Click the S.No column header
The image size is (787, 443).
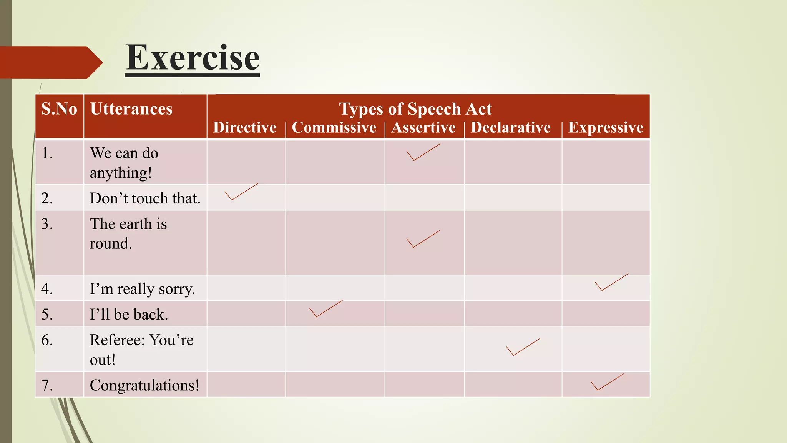[x=59, y=109]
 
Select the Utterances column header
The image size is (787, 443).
[x=131, y=109]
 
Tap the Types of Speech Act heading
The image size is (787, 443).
[x=415, y=109]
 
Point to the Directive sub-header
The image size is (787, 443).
[x=245, y=128]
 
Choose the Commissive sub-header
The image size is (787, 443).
[x=334, y=128]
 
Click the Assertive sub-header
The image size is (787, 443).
[x=423, y=128]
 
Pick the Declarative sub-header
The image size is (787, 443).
[x=511, y=128]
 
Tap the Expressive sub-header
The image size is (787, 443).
[x=606, y=128]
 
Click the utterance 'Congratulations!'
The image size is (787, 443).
[x=144, y=385]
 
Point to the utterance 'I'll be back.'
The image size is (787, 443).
[x=129, y=315]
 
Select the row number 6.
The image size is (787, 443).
[x=47, y=340]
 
